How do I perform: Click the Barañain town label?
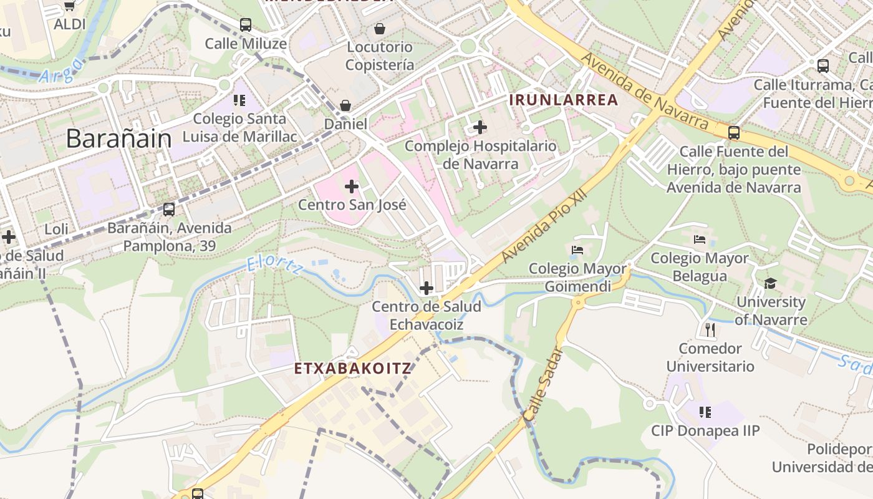(x=118, y=138)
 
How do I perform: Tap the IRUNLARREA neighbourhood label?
(x=564, y=100)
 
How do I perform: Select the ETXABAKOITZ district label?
(x=353, y=368)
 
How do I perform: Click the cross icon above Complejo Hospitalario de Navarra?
(x=480, y=128)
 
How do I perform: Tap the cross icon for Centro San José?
(x=352, y=186)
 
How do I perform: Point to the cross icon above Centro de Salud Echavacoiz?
(x=427, y=288)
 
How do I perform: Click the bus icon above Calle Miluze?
(x=246, y=25)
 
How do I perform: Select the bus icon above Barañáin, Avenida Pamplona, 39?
(x=169, y=210)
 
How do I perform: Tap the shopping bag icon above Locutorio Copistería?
(x=379, y=28)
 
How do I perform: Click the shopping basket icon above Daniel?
(x=345, y=105)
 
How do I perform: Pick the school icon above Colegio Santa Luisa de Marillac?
(x=239, y=100)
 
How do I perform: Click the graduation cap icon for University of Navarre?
(x=771, y=284)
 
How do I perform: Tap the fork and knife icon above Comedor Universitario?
(x=710, y=329)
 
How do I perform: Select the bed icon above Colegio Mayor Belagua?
(x=700, y=240)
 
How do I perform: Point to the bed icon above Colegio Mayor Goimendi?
(x=577, y=250)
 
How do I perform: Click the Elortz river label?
(x=274, y=264)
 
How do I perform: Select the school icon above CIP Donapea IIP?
(x=705, y=412)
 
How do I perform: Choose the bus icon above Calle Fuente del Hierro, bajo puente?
(x=734, y=132)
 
